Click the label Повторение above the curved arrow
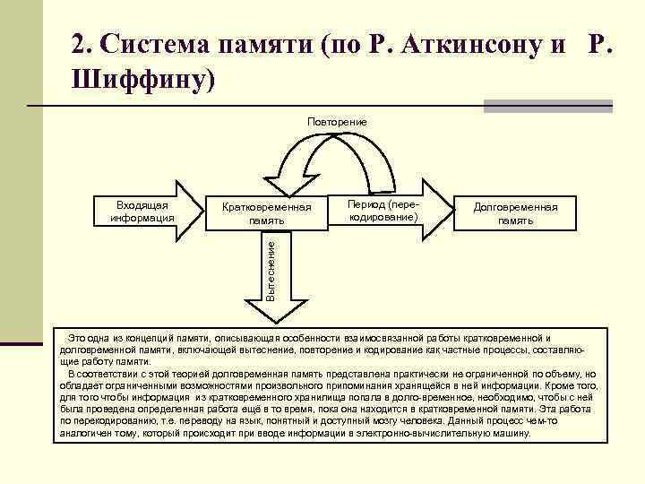coord(336,121)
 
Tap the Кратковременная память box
coord(267,212)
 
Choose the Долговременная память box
coord(515,212)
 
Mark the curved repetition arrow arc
coord(337,146)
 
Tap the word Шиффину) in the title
coord(143,80)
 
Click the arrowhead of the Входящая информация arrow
coord(189,212)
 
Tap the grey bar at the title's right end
coord(547,106)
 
